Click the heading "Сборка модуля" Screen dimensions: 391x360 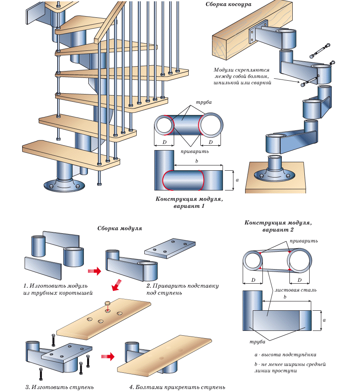[x=120, y=228]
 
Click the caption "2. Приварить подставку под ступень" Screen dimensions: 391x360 [x=182, y=289]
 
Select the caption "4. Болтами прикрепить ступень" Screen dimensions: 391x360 [x=177, y=387]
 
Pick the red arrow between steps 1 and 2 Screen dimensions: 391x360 [x=94, y=271]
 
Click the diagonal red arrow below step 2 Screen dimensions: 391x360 [x=117, y=285]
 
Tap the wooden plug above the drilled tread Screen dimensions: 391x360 [x=107, y=304]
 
